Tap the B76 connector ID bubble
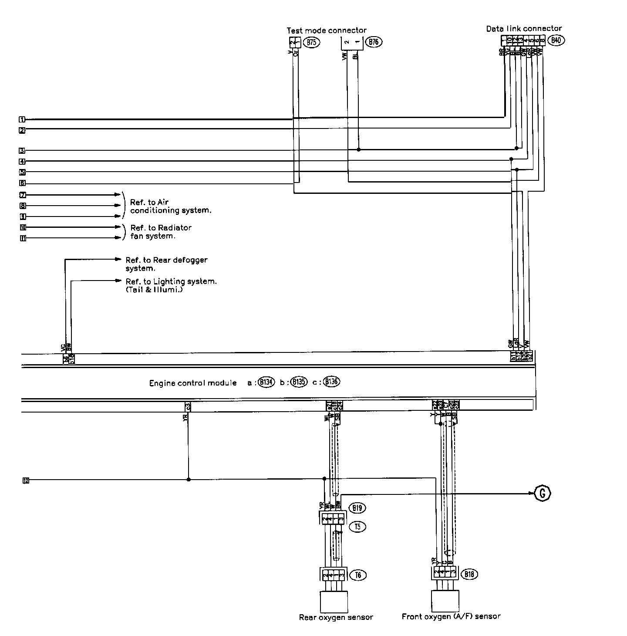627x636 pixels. pyautogui.click(x=373, y=42)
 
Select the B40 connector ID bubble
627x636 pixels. pyautogui.click(x=556, y=41)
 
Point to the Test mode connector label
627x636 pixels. pyautogui.click(x=326, y=30)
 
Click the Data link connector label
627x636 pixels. pyautogui.click(x=524, y=29)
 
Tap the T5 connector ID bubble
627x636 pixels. pyautogui.click(x=357, y=527)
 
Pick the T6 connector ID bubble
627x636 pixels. pyautogui.click(x=358, y=575)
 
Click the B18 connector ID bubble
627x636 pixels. pyautogui.click(x=469, y=574)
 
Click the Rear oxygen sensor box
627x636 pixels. pyautogui.click(x=334, y=602)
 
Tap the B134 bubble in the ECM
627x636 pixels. pyautogui.click(x=266, y=382)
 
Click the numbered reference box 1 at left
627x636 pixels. pyautogui.click(x=22, y=119)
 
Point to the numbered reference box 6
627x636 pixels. pyautogui.click(x=22, y=183)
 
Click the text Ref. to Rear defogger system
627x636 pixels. pyautogui.click(x=166, y=264)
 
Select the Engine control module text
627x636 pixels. pyautogui.click(x=193, y=383)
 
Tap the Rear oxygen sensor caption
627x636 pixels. pyautogui.click(x=336, y=617)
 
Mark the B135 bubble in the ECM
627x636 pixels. pyautogui.click(x=299, y=382)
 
